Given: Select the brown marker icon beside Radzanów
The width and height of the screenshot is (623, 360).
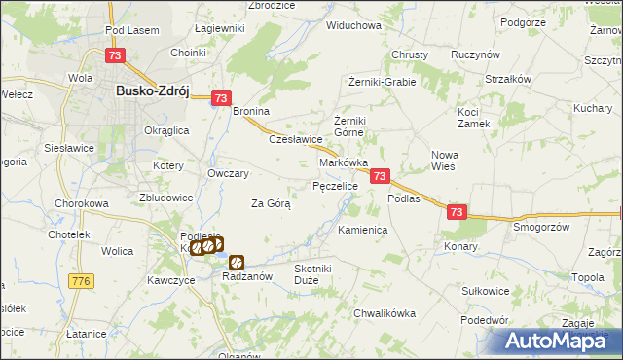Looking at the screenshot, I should tap(236, 262).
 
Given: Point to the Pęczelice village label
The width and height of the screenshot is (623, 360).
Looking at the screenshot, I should tap(335, 185).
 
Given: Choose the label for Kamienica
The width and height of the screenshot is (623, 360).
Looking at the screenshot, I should tap(363, 231).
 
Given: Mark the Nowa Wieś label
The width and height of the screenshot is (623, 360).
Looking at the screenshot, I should tap(450, 160).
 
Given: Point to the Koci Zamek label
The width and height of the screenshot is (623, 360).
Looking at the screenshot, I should tap(475, 118).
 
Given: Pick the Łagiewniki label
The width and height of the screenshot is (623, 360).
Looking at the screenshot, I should tap(219, 29).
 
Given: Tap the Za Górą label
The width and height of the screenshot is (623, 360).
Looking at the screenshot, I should tap(271, 204).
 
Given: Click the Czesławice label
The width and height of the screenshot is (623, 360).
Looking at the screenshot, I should tap(295, 139).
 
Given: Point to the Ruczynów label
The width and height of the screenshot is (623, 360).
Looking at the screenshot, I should tap(475, 55).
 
